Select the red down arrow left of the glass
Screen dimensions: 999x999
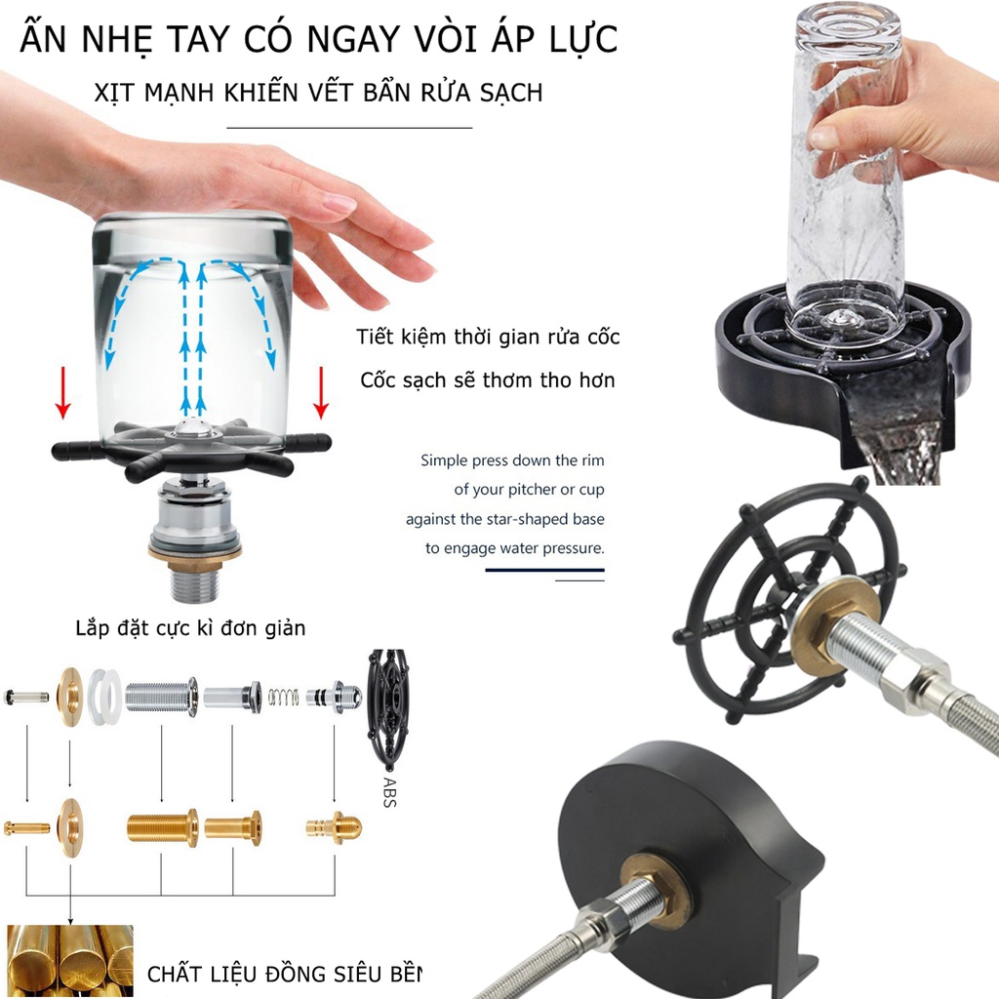pos(62,392)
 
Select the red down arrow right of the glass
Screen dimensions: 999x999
pos(321,392)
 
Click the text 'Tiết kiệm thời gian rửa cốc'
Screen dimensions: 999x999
pos(488,337)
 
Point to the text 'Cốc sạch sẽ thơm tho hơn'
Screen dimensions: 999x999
pos(488,380)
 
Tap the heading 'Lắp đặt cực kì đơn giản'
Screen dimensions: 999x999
pos(190,628)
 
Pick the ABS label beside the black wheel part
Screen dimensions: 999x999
pos(390,792)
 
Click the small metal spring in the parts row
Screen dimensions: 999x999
pos(283,698)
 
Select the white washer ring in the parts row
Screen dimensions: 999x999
pos(105,697)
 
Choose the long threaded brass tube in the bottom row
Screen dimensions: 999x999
pos(163,827)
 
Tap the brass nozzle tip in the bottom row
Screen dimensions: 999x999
pos(334,827)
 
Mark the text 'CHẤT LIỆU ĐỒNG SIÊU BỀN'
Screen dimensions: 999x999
pos(284,975)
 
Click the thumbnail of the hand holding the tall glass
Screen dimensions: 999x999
pos(854,242)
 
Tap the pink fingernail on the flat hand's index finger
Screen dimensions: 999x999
pos(339,203)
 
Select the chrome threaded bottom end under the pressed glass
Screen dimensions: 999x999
pos(195,584)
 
